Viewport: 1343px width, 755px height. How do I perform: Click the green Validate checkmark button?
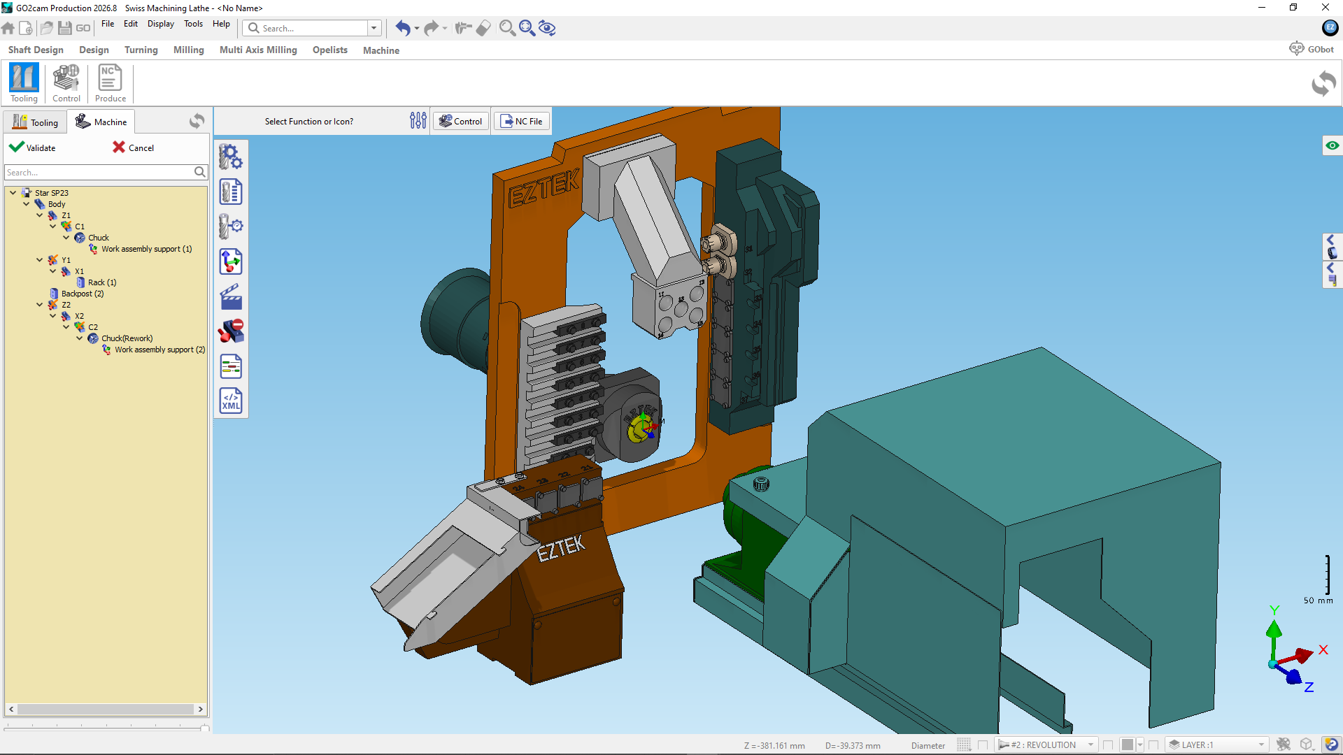[32, 148]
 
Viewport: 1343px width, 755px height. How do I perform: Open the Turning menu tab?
[141, 50]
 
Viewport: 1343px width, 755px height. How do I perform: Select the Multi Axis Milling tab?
[258, 50]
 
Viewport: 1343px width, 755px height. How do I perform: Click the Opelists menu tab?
[330, 50]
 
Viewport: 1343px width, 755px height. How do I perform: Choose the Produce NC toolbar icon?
[110, 83]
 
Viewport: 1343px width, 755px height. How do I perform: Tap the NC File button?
[522, 121]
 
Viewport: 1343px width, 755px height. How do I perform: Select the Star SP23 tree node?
[51, 193]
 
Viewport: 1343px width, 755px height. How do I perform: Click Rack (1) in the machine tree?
[102, 282]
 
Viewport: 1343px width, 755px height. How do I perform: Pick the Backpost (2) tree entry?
[82, 294]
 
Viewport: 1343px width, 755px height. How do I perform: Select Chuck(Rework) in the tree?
[127, 338]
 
